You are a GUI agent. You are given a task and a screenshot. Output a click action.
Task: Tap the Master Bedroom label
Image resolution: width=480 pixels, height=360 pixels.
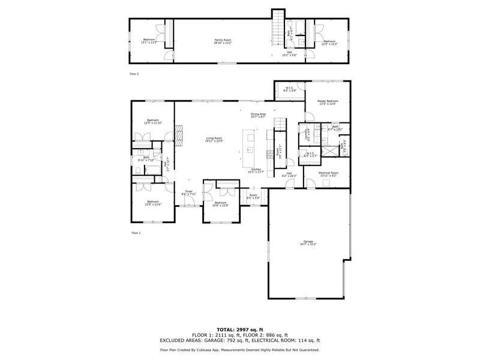pos(328,102)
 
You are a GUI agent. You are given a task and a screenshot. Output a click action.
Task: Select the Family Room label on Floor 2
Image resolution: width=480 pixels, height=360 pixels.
pos(223,41)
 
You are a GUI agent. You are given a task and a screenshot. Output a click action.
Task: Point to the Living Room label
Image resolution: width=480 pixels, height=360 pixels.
pos(214,139)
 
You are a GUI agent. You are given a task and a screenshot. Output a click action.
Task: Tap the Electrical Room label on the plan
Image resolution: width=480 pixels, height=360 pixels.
pos(329,174)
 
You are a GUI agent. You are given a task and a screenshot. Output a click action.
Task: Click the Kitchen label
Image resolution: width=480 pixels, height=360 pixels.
pos(256,171)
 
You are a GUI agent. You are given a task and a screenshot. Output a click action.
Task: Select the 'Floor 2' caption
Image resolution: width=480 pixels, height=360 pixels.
pos(134,74)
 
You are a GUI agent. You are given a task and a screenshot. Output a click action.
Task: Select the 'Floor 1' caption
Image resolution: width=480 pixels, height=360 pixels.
pos(135,232)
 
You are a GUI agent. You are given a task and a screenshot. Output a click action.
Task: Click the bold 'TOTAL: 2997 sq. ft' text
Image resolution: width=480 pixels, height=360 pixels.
pos(239,330)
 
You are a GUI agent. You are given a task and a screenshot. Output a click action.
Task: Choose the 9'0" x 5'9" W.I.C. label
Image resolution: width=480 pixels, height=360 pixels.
pos(290,89)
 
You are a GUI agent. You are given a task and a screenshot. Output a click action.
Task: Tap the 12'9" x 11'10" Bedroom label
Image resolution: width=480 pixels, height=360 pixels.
pos(153,122)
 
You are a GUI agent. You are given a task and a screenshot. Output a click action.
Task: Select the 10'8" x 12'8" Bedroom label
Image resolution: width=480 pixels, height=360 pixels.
pos(220,204)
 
